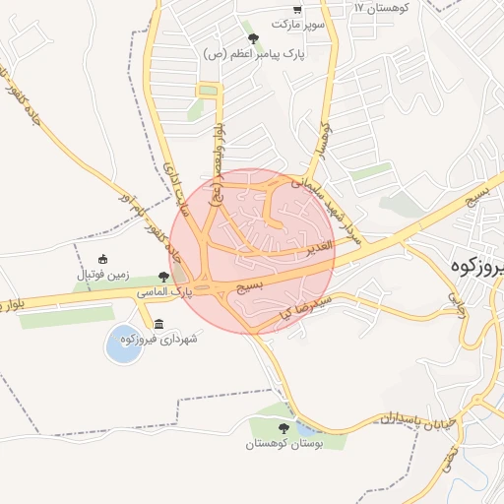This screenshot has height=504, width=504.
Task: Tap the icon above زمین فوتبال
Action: [x=103, y=260]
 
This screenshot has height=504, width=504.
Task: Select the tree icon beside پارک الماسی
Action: [x=162, y=277]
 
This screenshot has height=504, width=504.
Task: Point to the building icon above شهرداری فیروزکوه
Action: [x=159, y=324]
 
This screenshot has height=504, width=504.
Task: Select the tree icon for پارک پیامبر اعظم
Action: [x=254, y=38]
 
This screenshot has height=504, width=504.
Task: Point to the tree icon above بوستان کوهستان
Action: [x=284, y=428]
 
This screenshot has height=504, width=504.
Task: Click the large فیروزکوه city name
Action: [x=476, y=266]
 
